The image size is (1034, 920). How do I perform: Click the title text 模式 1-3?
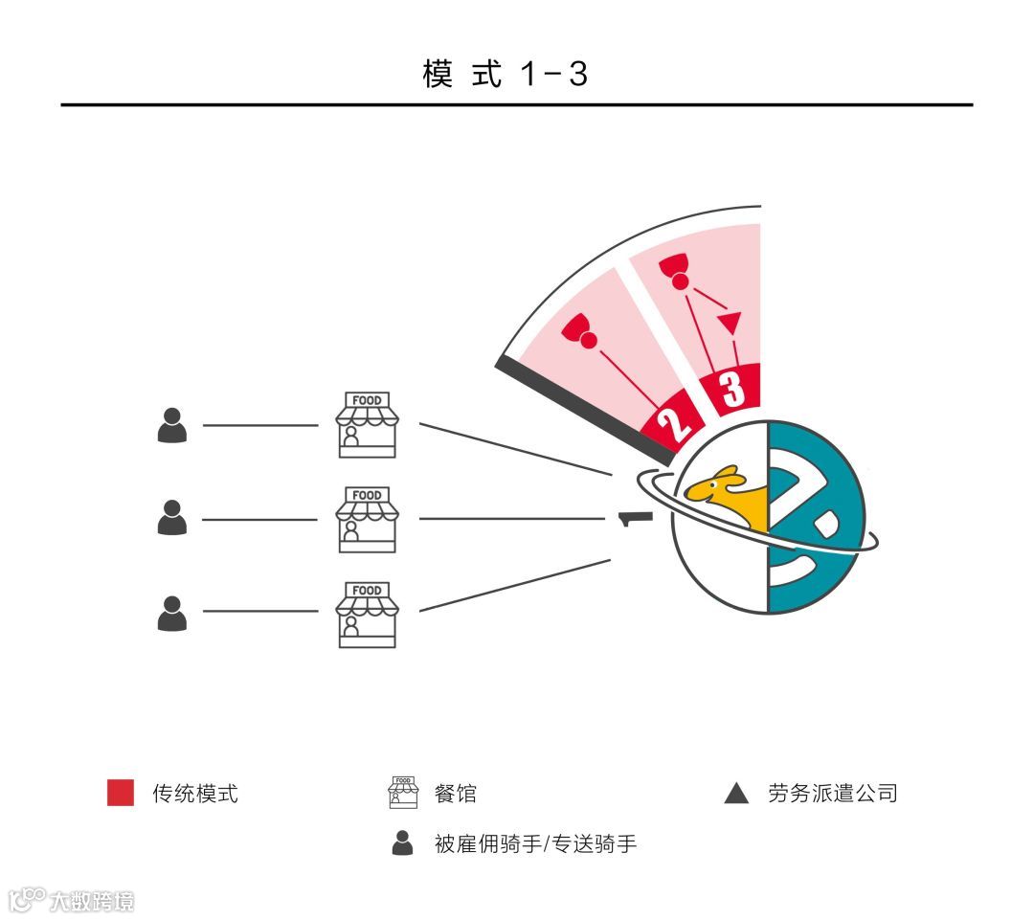pyautogui.click(x=505, y=74)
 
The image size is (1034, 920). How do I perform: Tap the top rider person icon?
pyautogui.click(x=172, y=425)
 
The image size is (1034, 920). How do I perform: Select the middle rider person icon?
pyautogui.click(x=172, y=518)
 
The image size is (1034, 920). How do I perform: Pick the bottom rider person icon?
pyautogui.click(x=172, y=613)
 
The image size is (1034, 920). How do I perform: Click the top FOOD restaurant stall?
pyautogui.click(x=367, y=424)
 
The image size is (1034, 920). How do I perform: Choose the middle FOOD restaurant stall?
pyautogui.click(x=367, y=519)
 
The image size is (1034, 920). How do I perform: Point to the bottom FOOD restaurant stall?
pyautogui.click(x=367, y=614)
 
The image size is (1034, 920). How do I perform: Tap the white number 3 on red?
pyautogui.click(x=732, y=389)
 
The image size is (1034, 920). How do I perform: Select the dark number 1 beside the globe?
pyautogui.click(x=634, y=519)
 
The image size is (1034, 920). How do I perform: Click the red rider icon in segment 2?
pyautogui.click(x=580, y=330)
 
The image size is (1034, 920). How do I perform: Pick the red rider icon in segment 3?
pyautogui.click(x=676, y=270)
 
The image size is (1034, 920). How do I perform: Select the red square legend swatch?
pyautogui.click(x=121, y=793)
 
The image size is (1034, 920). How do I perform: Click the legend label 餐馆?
pyautogui.click(x=455, y=794)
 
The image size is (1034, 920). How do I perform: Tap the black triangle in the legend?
pyautogui.click(x=736, y=794)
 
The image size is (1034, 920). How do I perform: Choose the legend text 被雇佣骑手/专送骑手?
pyautogui.click(x=535, y=844)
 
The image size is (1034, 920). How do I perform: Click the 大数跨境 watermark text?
pyautogui.click(x=91, y=901)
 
